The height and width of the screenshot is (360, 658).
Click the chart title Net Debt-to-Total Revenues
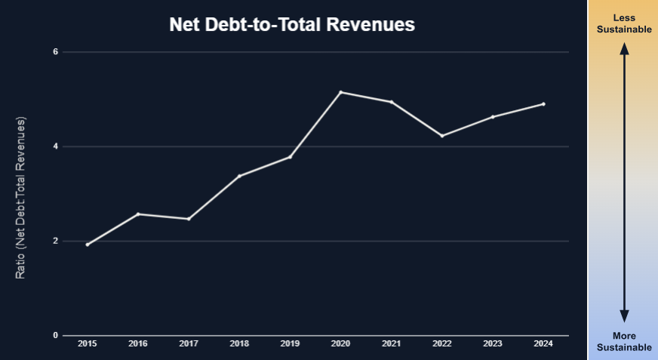[292, 25]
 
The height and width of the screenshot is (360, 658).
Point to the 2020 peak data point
[340, 92]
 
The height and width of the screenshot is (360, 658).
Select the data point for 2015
[88, 245]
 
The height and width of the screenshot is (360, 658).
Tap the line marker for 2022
[442, 136]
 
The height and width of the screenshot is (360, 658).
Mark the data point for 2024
[543, 104]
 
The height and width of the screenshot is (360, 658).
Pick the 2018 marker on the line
[239, 176]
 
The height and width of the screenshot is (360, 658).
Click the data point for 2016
[138, 214]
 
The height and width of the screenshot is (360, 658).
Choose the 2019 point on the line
[290, 157]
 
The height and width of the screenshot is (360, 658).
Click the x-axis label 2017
[189, 344]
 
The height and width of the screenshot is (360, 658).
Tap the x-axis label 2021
[391, 344]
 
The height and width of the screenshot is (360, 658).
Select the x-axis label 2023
[492, 344]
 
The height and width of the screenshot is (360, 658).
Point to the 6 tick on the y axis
[55, 52]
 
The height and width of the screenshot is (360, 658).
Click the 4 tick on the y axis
[55, 146]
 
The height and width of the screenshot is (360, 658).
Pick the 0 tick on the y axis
[55, 336]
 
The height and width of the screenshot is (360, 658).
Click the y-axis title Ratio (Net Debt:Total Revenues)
[21, 198]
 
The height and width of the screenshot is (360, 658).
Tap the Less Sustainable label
[624, 23]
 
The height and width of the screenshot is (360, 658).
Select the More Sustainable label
[624, 342]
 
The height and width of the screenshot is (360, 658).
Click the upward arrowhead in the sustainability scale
[624, 48]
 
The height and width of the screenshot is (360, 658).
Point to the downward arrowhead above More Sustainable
[624, 317]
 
